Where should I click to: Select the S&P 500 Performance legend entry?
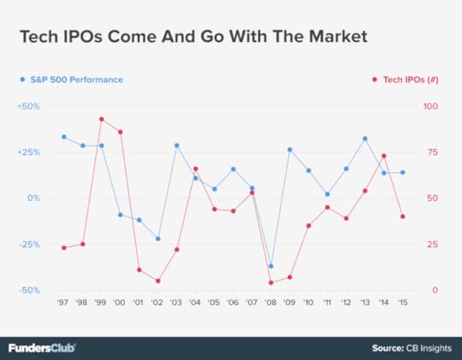coord(72,80)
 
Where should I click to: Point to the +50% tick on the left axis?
coord(28,106)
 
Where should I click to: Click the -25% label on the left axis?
coord(29,244)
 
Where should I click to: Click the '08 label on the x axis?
coord(270,303)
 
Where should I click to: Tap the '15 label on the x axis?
coord(402,303)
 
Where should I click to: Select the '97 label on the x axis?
coord(63,303)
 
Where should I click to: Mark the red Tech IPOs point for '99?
coord(101,119)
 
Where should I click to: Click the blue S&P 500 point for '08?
coord(270,266)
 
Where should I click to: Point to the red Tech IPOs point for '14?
coord(383,156)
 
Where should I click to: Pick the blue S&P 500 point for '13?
coord(364,138)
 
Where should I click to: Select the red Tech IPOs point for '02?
coord(157,280)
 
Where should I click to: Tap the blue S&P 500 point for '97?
coord(63,137)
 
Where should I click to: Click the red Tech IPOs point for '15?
coord(402,216)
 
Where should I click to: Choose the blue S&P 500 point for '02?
coord(157,239)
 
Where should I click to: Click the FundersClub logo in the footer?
coord(42,348)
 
